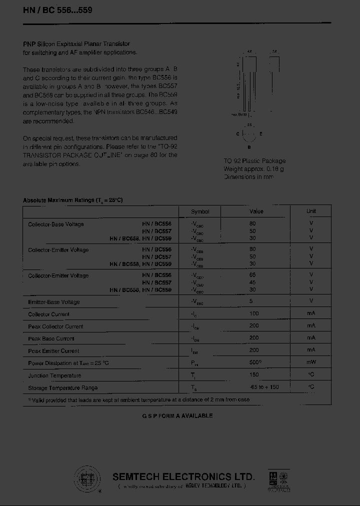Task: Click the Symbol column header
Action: pos(200,211)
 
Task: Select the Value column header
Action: pos(256,211)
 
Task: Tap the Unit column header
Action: pos(311,211)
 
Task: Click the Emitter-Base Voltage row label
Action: pos(54,302)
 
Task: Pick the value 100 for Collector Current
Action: pos(253,314)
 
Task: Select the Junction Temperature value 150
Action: pos(253,375)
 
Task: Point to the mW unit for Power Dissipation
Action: pos(311,362)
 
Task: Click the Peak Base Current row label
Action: pos(51,338)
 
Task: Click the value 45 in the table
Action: pos(252,282)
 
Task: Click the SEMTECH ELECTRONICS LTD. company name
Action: pos(183,476)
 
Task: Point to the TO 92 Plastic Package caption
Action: pos(254,161)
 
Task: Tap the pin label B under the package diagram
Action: pos(249,147)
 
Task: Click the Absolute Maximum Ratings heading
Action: pos(73,200)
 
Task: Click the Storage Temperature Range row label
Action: pos(62,387)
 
